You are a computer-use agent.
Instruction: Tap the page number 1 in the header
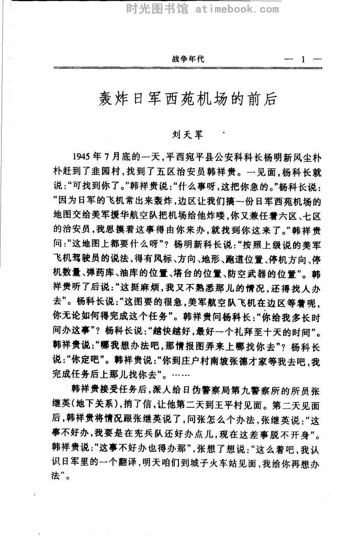302,59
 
